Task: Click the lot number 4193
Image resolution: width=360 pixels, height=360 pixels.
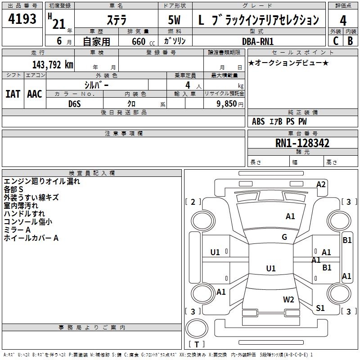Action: (x=22, y=18)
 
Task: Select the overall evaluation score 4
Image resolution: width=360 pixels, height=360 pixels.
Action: (x=343, y=21)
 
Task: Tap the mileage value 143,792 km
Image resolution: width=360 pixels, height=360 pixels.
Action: (x=53, y=65)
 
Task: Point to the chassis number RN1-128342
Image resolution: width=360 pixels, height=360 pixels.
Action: (x=302, y=143)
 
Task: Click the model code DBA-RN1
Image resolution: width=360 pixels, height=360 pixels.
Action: (x=258, y=41)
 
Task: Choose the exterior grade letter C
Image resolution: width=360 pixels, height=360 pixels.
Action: (x=336, y=41)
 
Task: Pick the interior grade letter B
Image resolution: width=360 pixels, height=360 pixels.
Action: (x=350, y=41)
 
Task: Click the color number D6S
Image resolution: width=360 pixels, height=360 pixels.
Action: (x=75, y=104)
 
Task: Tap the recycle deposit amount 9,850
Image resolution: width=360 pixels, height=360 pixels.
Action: (x=227, y=103)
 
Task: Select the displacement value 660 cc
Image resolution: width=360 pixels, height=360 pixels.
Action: (x=144, y=41)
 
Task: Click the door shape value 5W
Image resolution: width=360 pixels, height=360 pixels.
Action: (x=174, y=20)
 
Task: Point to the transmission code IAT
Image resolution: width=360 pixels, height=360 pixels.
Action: (x=13, y=94)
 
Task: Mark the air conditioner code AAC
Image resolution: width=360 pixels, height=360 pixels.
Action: (x=35, y=94)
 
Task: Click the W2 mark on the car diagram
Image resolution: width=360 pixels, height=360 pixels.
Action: (x=288, y=299)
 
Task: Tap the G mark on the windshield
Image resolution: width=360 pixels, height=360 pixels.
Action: (x=284, y=237)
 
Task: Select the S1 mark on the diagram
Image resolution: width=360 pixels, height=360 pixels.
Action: (x=320, y=308)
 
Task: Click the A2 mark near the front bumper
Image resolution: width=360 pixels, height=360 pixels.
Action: (x=321, y=184)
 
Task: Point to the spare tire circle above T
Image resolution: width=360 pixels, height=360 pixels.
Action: (x=197, y=328)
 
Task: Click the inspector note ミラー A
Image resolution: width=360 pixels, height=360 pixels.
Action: (x=17, y=230)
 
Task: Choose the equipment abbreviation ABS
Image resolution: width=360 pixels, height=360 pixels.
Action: (x=258, y=121)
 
